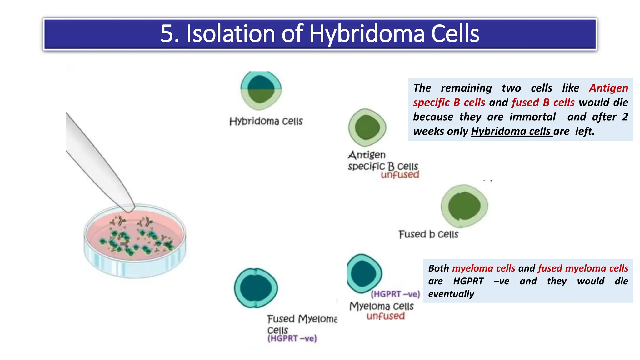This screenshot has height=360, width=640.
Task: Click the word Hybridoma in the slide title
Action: [x=367, y=34]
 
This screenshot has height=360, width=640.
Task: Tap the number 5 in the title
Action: [x=166, y=34]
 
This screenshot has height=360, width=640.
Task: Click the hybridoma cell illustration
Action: [x=261, y=90]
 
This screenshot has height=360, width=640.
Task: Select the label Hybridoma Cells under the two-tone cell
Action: [x=266, y=121]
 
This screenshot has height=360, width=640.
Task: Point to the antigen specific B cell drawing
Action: [x=367, y=127]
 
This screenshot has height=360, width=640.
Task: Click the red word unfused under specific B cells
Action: [x=400, y=175]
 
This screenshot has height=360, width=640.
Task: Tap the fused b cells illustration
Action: [x=464, y=206]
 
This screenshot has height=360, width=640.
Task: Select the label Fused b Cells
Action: [x=428, y=234]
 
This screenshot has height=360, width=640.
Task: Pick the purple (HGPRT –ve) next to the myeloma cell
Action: [x=395, y=294]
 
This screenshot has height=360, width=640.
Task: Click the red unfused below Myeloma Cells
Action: [x=386, y=316]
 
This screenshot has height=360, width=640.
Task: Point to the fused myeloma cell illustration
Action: [x=256, y=288]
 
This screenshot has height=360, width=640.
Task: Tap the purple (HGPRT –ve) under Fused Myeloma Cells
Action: [x=292, y=338]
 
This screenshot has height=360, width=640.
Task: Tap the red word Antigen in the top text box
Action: [x=608, y=88]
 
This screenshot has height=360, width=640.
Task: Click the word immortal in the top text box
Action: [x=532, y=117]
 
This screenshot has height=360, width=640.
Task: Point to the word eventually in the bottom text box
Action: [x=451, y=294]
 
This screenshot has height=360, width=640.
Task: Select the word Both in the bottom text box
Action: [x=438, y=268]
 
